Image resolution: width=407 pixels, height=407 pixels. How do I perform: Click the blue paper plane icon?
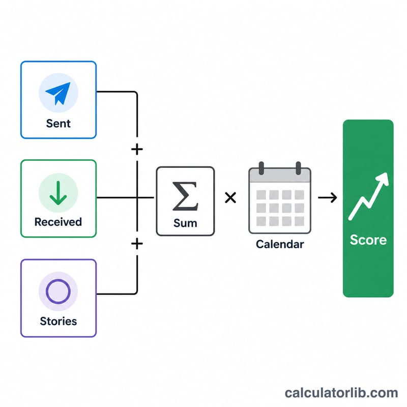coord(59,93)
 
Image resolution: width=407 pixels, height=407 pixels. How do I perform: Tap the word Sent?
coord(59,124)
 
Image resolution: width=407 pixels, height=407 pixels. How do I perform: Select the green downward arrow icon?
coord(58,193)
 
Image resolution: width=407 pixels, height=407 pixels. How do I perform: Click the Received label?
coord(58,222)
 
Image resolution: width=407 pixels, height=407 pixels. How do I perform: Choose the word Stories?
coord(59,322)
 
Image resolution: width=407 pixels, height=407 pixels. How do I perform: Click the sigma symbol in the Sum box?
coord(185,196)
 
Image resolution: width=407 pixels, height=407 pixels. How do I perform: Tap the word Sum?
coord(185,223)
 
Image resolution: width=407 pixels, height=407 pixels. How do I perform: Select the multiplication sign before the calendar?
coord(230,197)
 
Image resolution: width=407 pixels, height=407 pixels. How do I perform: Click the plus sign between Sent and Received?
coord(137,149)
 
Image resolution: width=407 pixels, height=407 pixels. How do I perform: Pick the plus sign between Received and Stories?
coord(137,244)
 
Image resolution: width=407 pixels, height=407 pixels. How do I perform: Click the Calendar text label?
coord(280,244)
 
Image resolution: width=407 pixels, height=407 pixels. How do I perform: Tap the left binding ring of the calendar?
coord(261,168)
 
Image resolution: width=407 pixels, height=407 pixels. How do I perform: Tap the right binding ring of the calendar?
coord(299,168)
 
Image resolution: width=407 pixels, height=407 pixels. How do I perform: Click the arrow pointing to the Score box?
coord(328,197)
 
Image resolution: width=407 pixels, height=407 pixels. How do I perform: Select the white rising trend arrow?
coord(368,196)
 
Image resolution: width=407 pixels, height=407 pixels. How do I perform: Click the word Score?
coord(368,240)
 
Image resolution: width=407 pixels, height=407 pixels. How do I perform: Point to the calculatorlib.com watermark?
coord(341,393)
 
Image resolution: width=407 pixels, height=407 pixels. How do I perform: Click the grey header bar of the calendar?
coord(280,176)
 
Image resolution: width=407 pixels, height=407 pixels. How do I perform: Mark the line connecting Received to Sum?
coord(125,197)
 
